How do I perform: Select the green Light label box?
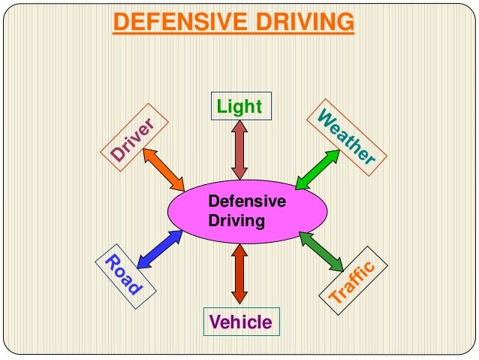coord(239,106)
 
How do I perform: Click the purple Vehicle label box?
coord(240,322)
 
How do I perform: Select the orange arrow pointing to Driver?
coord(163,169)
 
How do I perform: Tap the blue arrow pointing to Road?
coord(161,247)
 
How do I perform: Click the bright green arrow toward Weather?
coord(316,170)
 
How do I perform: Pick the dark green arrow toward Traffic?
coord(321,251)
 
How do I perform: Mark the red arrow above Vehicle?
coord(239,274)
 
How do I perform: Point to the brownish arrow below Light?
coord(239,150)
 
